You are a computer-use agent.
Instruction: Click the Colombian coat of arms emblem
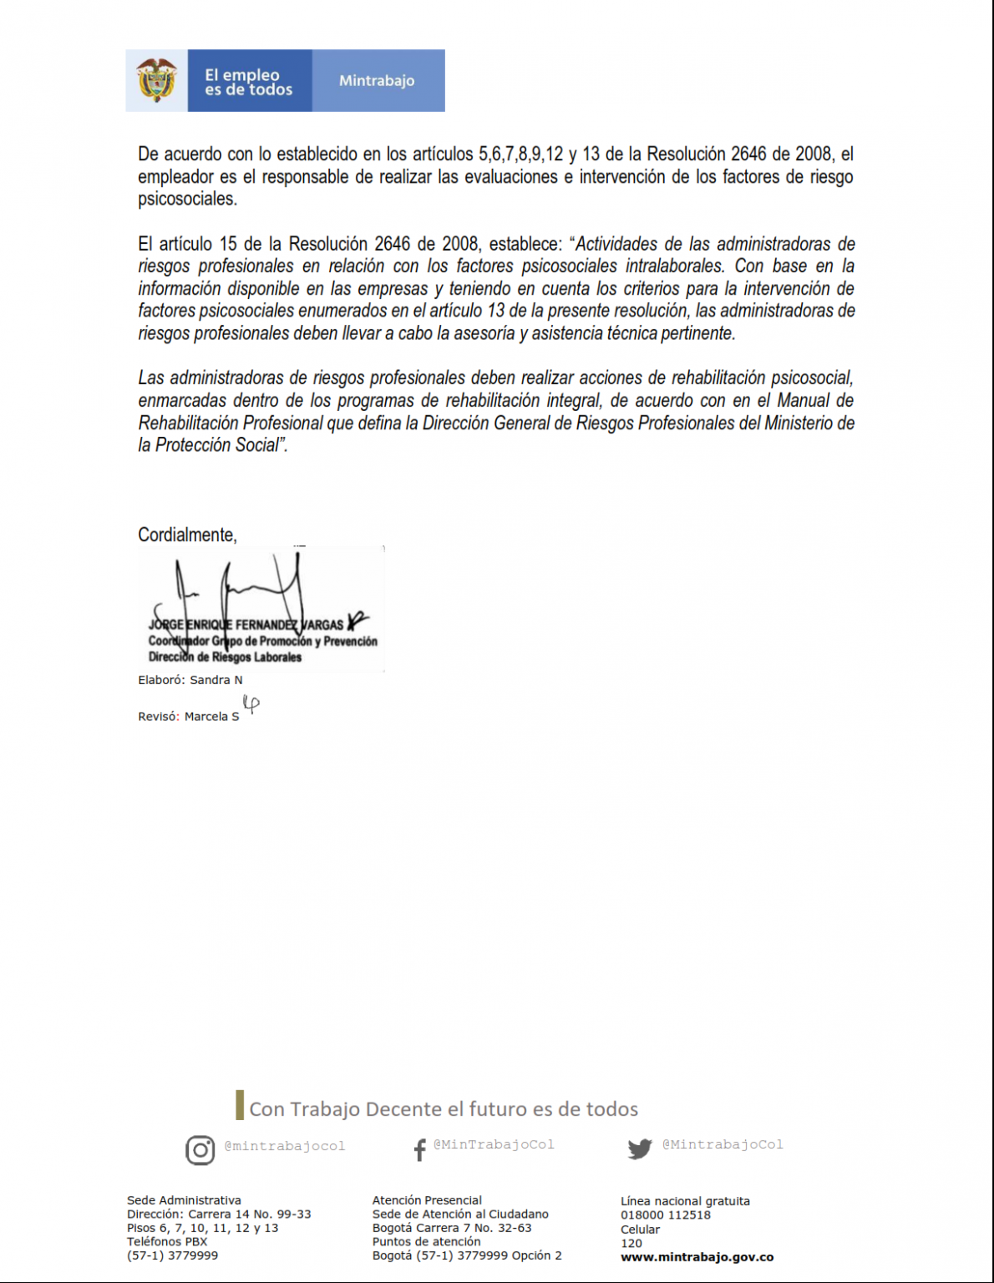click(x=156, y=80)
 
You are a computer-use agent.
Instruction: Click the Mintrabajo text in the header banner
click(x=377, y=81)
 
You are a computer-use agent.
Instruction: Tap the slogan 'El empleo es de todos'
click(x=248, y=82)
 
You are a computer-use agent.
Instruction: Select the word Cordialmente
click(x=187, y=535)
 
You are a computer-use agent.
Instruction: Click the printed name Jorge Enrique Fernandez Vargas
click(x=246, y=625)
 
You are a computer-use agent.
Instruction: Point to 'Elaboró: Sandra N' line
click(x=190, y=680)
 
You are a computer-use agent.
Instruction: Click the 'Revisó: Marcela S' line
click(x=189, y=717)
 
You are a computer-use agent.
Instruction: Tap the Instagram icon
click(x=200, y=1150)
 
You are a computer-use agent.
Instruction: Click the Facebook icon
click(x=419, y=1150)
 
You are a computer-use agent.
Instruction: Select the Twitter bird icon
click(x=640, y=1149)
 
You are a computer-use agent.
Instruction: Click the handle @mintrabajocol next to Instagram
click(x=285, y=1146)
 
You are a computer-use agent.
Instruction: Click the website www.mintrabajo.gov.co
click(x=697, y=1257)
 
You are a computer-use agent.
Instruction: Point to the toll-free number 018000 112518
click(x=666, y=1215)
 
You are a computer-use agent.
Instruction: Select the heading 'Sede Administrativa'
click(x=184, y=1200)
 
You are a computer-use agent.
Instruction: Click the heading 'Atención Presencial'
click(x=427, y=1200)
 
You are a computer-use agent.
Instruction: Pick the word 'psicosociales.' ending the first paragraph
click(x=188, y=199)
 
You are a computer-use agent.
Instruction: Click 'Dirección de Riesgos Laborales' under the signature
click(x=225, y=657)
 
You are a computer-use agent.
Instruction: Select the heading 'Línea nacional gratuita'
click(x=685, y=1201)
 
